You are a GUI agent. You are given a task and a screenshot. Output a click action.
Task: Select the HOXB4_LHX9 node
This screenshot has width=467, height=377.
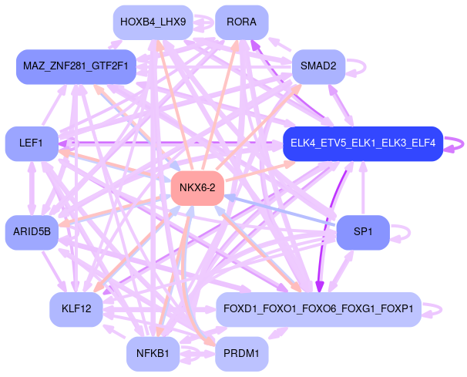tap(153, 22)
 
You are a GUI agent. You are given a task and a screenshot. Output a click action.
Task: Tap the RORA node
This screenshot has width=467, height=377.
tap(242, 22)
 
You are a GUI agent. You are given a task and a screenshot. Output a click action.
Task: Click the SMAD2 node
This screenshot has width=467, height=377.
tap(317, 66)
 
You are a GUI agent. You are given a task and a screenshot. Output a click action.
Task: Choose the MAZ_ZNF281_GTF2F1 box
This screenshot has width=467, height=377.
tap(76, 66)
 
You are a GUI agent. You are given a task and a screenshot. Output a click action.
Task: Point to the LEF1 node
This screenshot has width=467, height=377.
tap(31, 143)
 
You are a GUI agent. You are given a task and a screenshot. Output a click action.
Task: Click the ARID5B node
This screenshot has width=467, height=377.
tap(32, 231)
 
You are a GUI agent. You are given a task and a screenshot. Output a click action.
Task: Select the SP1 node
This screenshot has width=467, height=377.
tap(363, 231)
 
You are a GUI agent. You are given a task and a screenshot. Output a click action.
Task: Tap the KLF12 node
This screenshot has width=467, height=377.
tap(76, 309)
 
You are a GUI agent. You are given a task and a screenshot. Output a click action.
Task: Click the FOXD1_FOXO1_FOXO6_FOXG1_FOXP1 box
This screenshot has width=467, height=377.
tap(318, 309)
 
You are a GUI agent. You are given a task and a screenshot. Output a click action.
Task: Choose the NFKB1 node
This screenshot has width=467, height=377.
tap(153, 354)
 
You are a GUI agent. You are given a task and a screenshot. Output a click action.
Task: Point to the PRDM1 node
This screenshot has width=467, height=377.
tap(242, 354)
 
